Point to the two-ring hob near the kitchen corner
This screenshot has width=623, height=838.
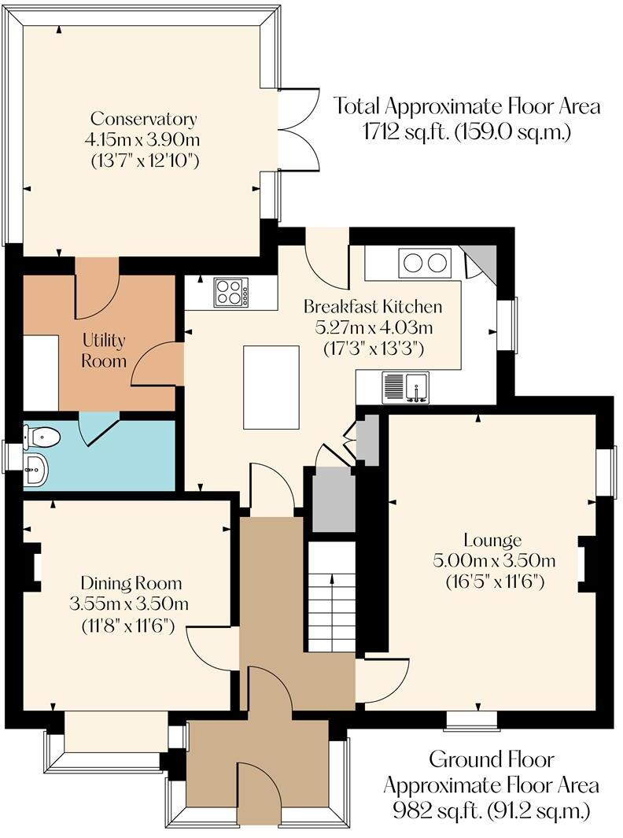425,263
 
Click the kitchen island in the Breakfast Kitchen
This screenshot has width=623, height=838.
271,386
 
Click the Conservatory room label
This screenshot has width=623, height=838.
143,120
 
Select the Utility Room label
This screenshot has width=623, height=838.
104,351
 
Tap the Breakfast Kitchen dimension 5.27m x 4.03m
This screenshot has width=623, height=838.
373,326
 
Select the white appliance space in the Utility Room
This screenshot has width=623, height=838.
41,372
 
